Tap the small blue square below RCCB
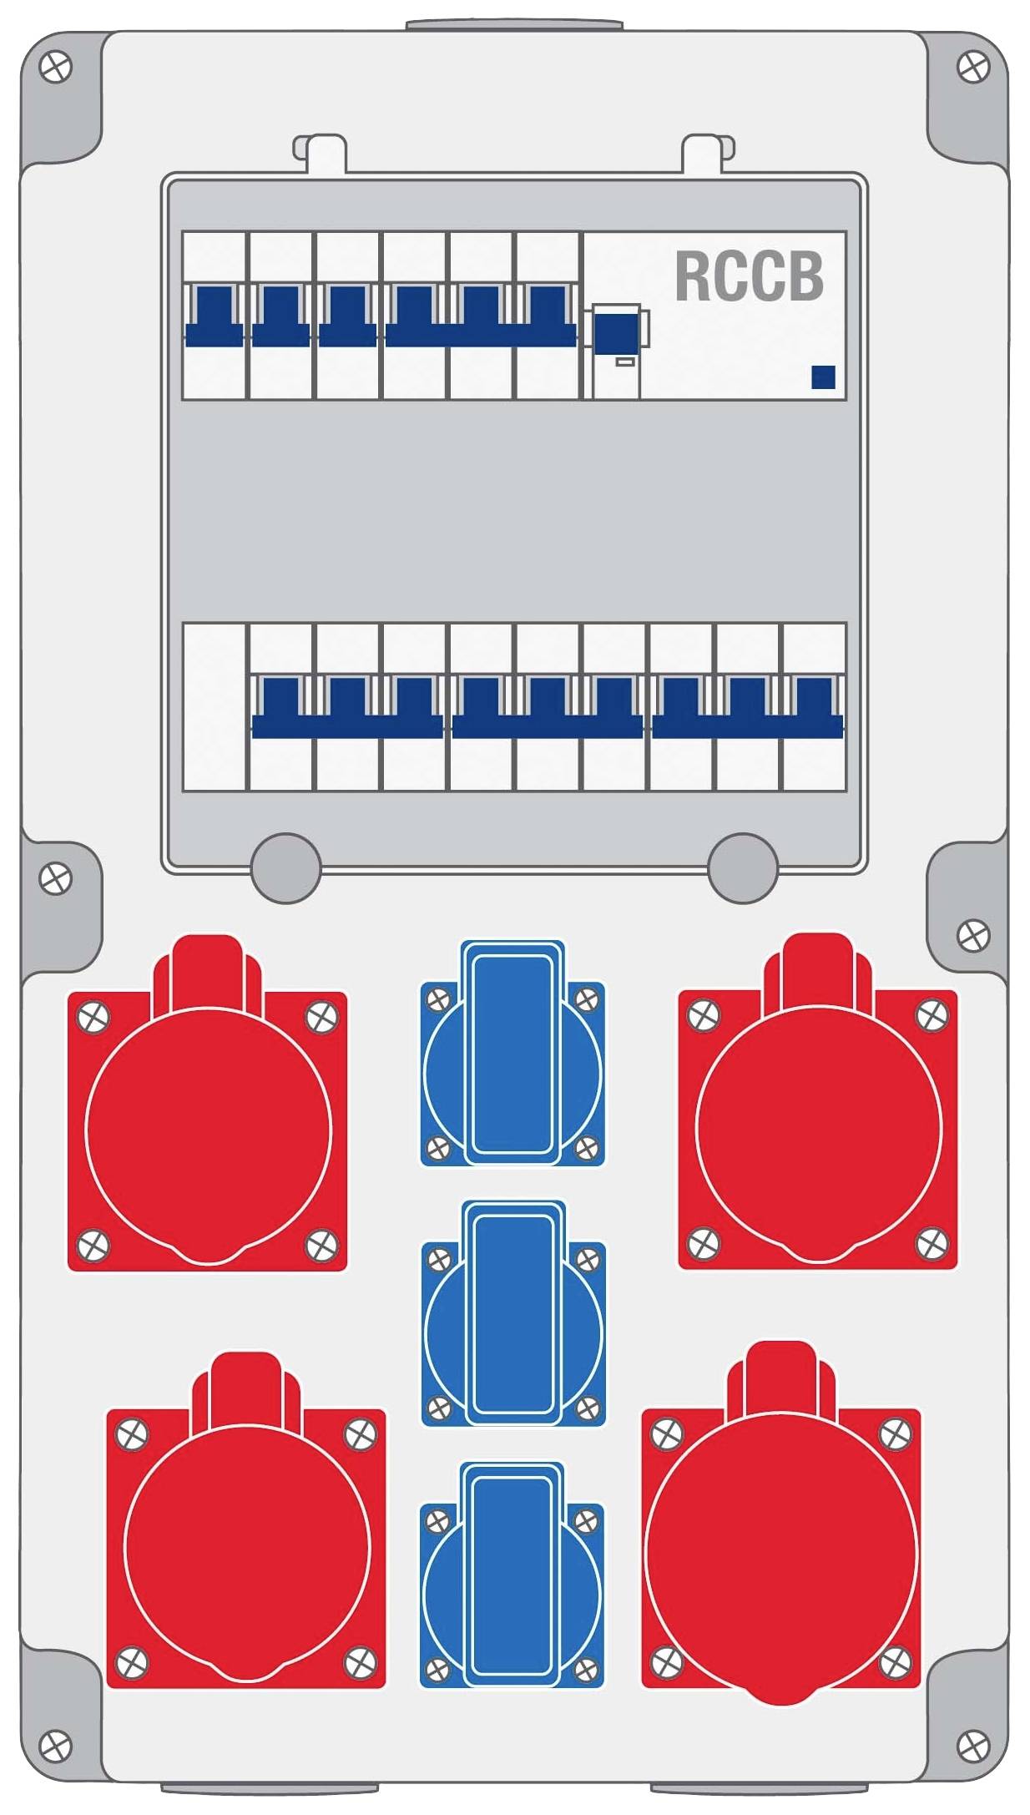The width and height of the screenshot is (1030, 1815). point(823,377)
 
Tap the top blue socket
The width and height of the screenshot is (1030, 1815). point(512,1053)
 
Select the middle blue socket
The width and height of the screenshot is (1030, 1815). point(513,1314)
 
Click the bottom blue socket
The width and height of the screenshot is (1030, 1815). point(512,1575)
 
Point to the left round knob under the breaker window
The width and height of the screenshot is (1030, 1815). point(285,868)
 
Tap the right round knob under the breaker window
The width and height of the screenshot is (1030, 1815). point(742,868)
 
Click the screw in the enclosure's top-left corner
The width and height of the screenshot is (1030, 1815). point(56,67)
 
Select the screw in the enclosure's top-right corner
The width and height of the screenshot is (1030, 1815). point(972,67)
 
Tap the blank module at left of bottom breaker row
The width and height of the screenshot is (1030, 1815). point(215,706)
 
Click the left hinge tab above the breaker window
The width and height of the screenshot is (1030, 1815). point(320,154)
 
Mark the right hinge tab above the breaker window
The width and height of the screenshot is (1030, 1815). point(709,154)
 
